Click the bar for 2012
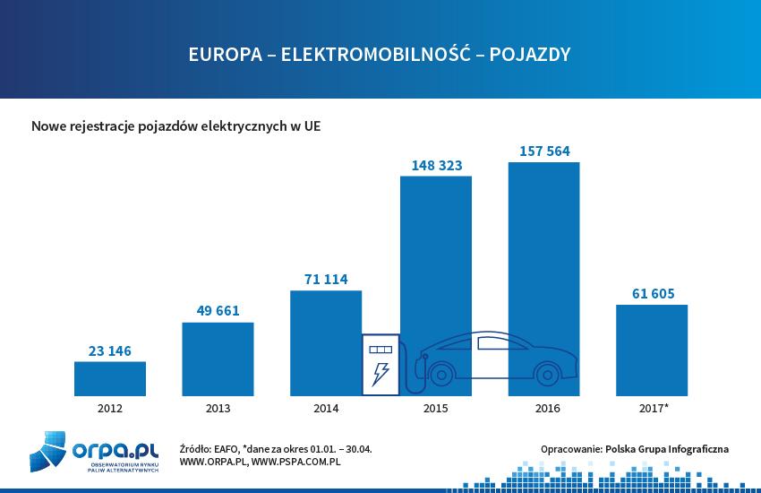pos(109,379)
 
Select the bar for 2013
pos(218,359)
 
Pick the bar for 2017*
pos(652,350)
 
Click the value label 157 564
pos(543,151)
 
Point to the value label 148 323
pos(436,165)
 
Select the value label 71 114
pos(326,280)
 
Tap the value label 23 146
pos(109,350)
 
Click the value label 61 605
pos(652,293)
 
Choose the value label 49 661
pos(218,311)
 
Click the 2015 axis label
pos(435,409)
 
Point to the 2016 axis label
pos(543,409)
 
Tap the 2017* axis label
pos(653,409)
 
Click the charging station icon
pos(380,364)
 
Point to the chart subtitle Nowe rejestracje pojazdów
pos(175,126)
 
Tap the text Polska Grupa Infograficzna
pos(667,448)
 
